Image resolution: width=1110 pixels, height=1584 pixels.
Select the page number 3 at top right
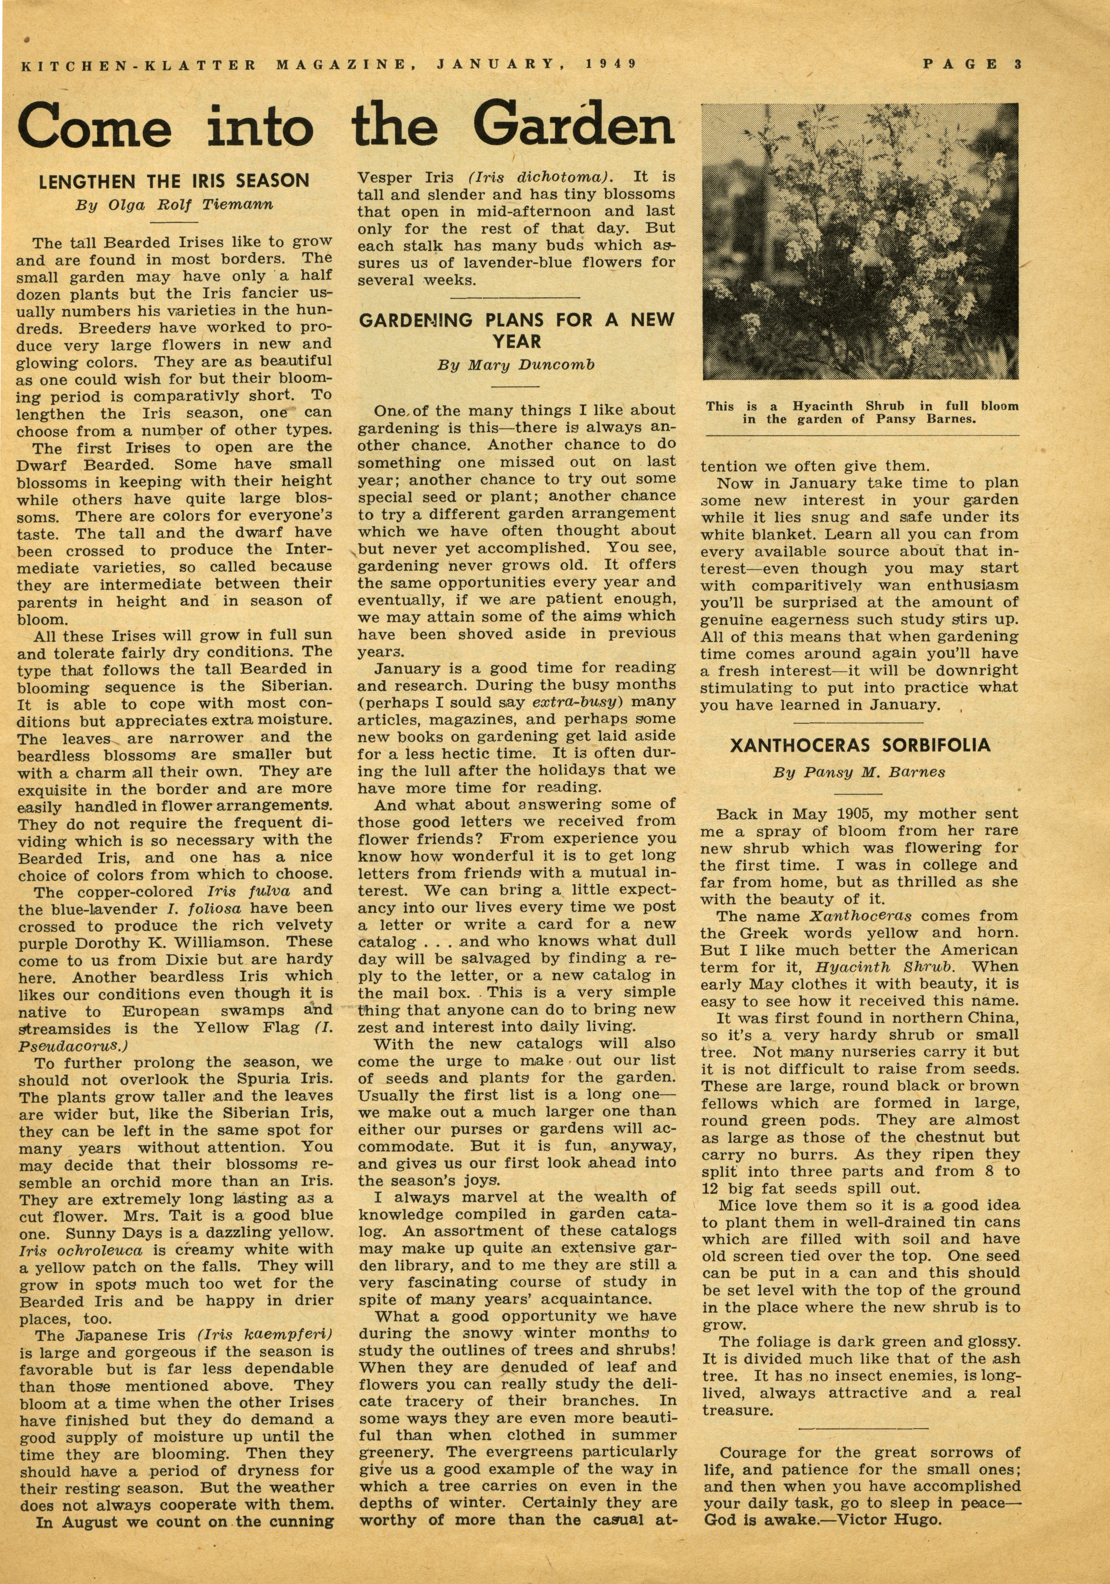click(1018, 64)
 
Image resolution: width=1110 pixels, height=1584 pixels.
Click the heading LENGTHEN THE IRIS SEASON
click(174, 182)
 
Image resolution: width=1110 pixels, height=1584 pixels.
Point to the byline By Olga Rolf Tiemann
click(174, 205)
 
